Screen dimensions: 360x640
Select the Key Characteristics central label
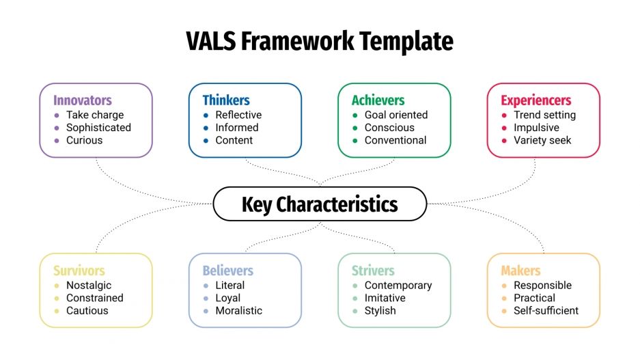click(320, 204)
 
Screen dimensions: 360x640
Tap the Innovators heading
click(83, 100)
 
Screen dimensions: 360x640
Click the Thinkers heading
click(226, 100)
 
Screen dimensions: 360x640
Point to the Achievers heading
click(378, 100)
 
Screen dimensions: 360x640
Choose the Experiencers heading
click(536, 100)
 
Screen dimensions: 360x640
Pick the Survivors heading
click(79, 271)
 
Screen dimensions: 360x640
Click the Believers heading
click(228, 271)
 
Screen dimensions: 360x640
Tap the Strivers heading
click(373, 271)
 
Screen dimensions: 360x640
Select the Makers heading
click(520, 271)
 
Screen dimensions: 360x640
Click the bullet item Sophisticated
click(98, 128)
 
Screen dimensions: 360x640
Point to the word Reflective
click(238, 115)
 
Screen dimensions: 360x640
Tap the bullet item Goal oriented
click(396, 115)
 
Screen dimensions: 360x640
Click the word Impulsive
click(536, 128)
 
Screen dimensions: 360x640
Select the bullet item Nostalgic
click(89, 286)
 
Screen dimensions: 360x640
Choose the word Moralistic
click(238, 311)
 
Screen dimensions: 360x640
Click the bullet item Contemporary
click(398, 286)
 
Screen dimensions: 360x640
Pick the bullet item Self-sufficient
click(546, 311)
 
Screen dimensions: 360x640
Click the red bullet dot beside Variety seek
click(504, 141)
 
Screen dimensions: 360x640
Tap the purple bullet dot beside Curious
click(57, 141)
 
